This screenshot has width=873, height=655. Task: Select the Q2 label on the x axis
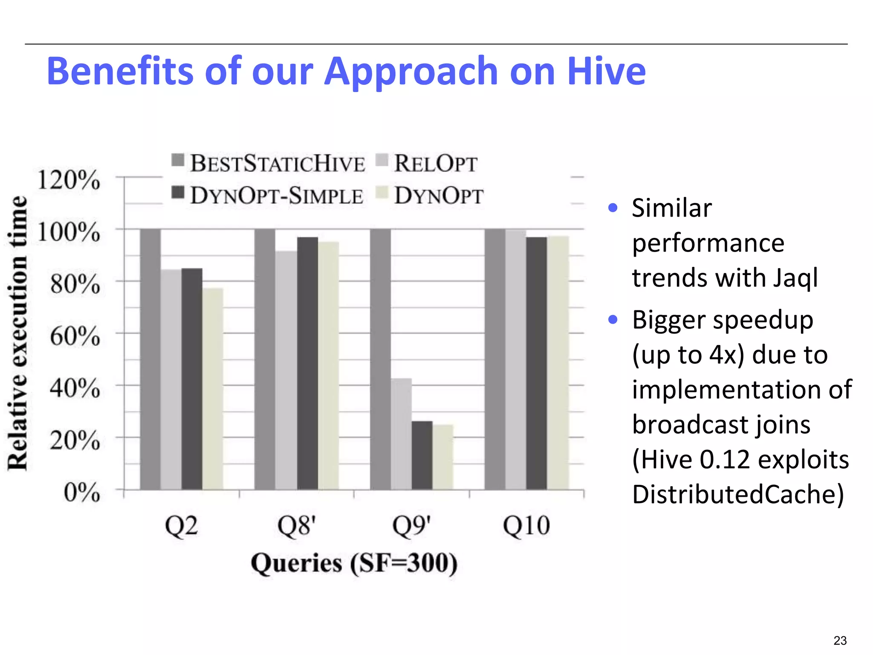click(182, 526)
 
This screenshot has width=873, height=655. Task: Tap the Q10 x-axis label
click(526, 526)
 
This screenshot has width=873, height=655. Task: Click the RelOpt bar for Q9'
click(402, 434)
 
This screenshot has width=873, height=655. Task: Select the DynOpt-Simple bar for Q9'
click(422, 455)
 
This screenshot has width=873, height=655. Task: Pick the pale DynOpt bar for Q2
click(213, 388)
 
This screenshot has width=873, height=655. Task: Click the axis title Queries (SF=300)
click(354, 563)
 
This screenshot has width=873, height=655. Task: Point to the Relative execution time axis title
click(18, 333)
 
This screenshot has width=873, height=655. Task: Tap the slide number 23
click(840, 641)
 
